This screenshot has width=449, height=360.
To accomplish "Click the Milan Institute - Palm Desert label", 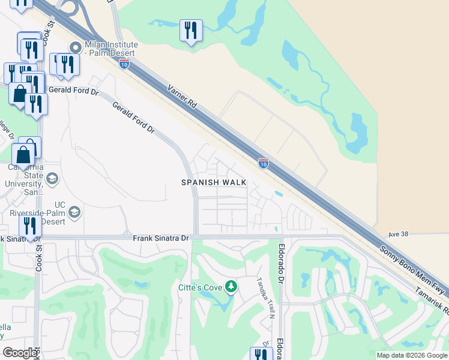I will click(x=111, y=49).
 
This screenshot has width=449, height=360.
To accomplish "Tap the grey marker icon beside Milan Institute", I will click(x=75, y=47).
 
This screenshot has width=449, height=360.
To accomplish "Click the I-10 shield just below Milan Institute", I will click(x=124, y=64).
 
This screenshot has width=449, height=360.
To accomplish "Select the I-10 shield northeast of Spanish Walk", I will click(x=263, y=163).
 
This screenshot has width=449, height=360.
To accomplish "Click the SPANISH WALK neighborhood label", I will click(x=214, y=182).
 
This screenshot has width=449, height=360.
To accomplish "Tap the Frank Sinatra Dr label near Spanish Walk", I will click(x=161, y=238).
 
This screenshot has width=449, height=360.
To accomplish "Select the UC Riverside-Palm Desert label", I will click(x=37, y=212).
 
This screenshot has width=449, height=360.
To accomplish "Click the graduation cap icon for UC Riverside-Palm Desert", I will click(x=74, y=212).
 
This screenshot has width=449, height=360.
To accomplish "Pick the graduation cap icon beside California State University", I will click(x=52, y=179).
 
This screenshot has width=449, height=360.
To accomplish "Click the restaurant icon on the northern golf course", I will click(x=191, y=30).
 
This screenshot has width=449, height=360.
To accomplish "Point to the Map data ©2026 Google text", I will click(x=412, y=355).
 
